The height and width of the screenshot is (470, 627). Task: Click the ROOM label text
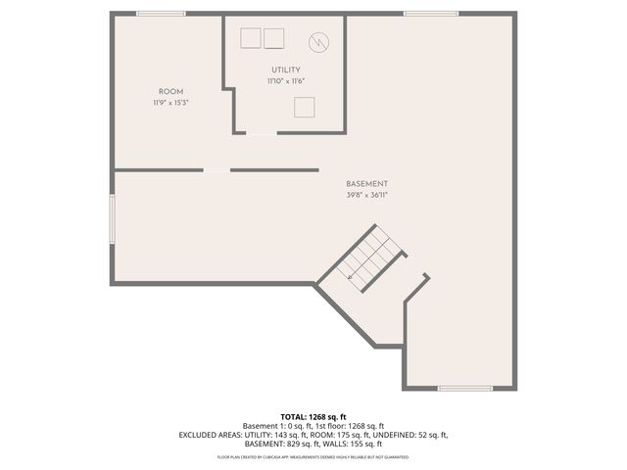click(170, 92)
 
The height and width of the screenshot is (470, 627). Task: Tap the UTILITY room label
click(286, 70)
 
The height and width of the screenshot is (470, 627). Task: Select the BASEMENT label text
click(366, 184)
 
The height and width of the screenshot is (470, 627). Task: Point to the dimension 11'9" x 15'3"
click(170, 103)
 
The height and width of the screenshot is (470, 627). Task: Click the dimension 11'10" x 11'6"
click(286, 81)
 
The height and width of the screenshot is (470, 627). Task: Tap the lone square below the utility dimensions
click(305, 107)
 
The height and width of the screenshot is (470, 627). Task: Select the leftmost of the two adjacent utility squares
click(251, 38)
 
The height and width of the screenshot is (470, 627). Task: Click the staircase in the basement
click(369, 258)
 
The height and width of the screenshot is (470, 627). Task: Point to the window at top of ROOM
click(162, 14)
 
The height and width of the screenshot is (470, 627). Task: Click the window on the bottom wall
click(464, 389)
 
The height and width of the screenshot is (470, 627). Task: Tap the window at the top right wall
click(431, 14)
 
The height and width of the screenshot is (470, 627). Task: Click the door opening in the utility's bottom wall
click(262, 133)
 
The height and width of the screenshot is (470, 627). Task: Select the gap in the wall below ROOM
click(217, 170)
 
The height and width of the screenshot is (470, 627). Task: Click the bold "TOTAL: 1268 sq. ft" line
click(313, 416)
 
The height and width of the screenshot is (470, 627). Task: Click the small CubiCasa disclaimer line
click(313, 457)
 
